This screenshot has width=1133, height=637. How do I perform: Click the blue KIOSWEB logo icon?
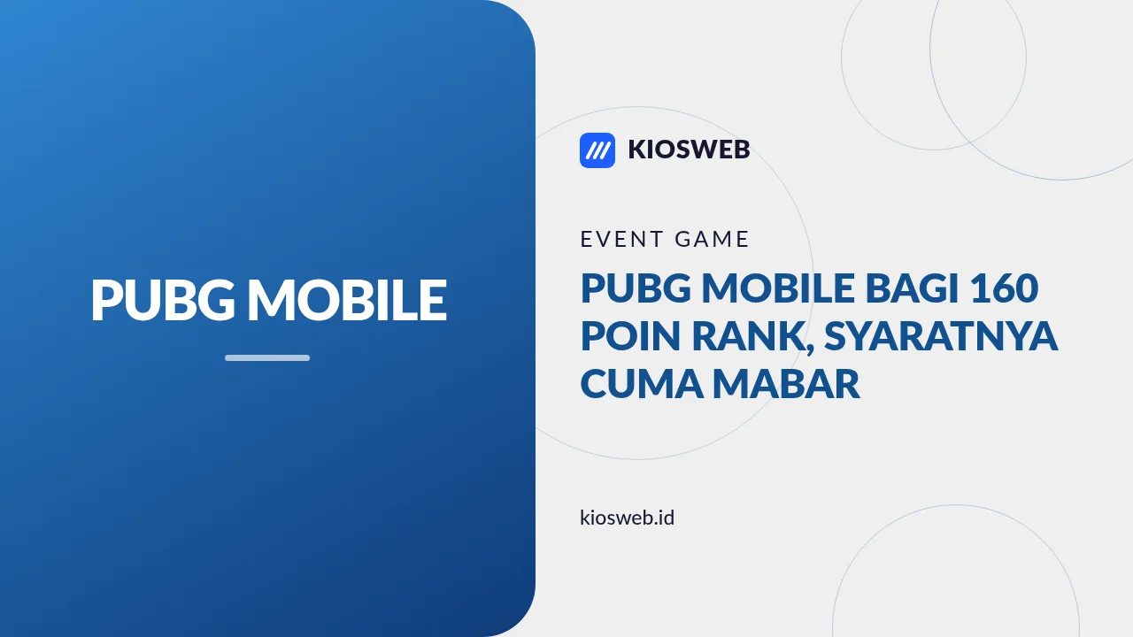(597, 150)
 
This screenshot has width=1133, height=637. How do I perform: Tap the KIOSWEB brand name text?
(689, 150)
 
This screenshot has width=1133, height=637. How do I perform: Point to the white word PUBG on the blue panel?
(163, 300)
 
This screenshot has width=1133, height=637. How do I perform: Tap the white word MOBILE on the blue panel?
(347, 300)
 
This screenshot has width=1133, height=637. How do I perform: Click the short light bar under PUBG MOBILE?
(267, 358)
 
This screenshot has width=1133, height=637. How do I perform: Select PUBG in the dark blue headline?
(636, 288)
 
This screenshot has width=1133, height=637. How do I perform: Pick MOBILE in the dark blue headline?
(778, 288)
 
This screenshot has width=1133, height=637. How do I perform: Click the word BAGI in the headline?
(913, 288)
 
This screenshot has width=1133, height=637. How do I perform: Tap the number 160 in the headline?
(1004, 288)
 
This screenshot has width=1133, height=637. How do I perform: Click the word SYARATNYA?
(941, 336)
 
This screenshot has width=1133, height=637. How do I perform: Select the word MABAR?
(787, 384)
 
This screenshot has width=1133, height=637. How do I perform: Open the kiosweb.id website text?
(628, 518)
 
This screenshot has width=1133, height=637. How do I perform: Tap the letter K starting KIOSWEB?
(637, 150)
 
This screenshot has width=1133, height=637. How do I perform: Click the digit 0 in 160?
(1026, 288)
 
